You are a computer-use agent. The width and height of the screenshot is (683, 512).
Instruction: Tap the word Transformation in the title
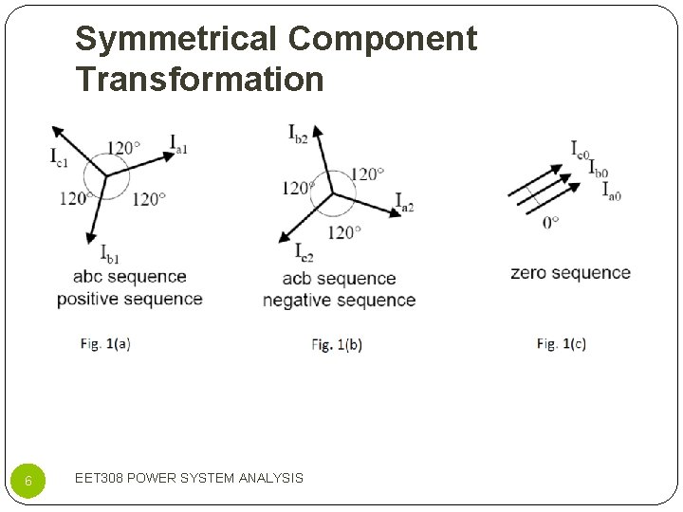[200, 79]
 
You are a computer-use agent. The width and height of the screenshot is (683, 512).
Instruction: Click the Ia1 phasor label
[178, 144]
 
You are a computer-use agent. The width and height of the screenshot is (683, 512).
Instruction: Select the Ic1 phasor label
[60, 155]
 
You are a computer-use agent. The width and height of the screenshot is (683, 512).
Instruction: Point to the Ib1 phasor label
[110, 253]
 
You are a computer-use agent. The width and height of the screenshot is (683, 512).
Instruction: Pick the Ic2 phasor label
[304, 253]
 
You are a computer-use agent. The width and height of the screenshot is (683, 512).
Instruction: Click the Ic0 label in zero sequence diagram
[580, 149]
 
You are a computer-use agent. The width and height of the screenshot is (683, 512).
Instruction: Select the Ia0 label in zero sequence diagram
[612, 190]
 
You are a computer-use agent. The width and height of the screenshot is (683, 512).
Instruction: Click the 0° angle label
[550, 222]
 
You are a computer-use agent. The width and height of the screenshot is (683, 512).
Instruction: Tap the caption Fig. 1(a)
[105, 344]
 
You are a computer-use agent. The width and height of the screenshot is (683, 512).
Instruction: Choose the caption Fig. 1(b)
[337, 345]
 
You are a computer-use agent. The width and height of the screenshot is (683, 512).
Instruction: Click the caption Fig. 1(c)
[562, 344]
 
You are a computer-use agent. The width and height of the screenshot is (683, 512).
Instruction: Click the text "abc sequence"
[130, 277]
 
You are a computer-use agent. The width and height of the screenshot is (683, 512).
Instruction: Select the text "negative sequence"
[339, 301]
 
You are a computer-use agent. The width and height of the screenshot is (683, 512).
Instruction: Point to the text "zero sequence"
[570, 273]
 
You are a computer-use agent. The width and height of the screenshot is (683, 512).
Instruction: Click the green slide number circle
[28, 480]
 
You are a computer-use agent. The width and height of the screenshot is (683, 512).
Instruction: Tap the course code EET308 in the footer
[98, 478]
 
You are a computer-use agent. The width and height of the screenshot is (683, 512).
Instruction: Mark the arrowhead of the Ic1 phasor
[56, 131]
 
